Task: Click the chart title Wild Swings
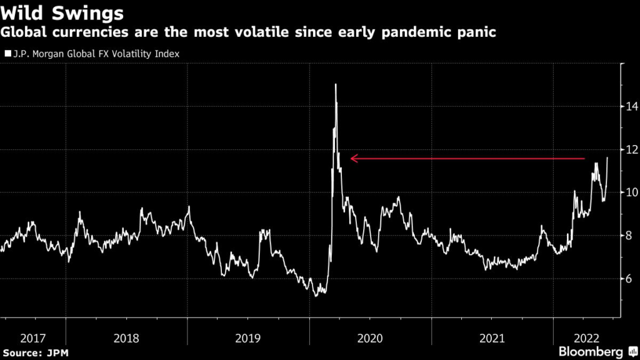pos(62,12)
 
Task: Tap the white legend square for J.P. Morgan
pos(7,54)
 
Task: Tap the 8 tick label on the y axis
pos(630,236)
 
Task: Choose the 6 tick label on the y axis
pos(630,279)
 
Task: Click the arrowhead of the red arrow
pos(353,159)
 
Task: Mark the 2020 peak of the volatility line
pos(336,84)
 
